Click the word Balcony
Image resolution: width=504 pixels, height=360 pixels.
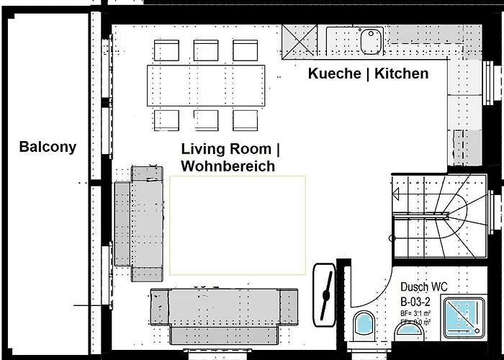pyautogui.click(x=48, y=148)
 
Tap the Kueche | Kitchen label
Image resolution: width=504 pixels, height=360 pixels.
pyautogui.click(x=368, y=73)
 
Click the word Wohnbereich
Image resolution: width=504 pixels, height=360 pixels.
pyautogui.click(x=228, y=166)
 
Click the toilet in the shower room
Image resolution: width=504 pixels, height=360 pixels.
pyautogui.click(x=364, y=325)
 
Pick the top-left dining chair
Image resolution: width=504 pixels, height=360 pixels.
pyautogui.click(x=167, y=50)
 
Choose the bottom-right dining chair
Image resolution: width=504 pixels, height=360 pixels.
pyautogui.click(x=245, y=119)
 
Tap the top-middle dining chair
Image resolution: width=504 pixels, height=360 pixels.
pyautogui.click(x=206, y=50)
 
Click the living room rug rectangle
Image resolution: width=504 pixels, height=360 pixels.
pyautogui.click(x=238, y=225)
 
